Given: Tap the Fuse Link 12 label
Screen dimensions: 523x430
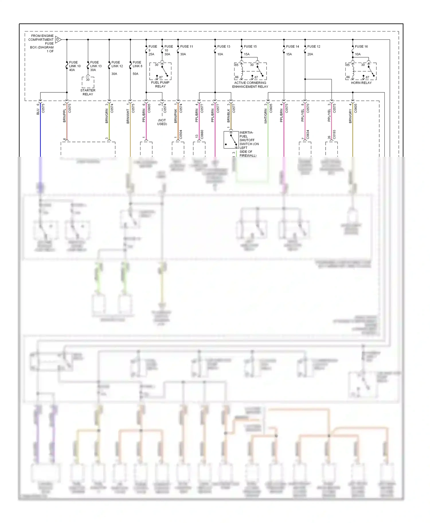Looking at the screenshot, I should pyautogui.click(x=117, y=64).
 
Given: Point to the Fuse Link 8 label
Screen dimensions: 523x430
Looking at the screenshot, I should pyautogui.click(x=137, y=64).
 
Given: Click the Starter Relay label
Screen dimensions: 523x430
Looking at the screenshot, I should pyautogui.click(x=88, y=92).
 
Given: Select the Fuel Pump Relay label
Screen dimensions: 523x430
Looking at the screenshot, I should pyautogui.click(x=160, y=84).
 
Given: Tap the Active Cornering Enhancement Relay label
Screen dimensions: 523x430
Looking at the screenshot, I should pyautogui.click(x=250, y=85).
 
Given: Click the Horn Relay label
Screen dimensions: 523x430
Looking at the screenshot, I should pyautogui.click(x=361, y=83).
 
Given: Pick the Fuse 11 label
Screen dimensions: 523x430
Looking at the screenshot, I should pyautogui.click(x=186, y=46).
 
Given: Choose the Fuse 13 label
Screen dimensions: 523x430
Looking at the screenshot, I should pyautogui.click(x=224, y=46).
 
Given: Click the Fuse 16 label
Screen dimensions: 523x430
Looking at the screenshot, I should pyautogui.click(x=361, y=46).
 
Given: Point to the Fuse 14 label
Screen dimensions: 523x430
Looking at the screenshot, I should pyautogui.click(x=292, y=46).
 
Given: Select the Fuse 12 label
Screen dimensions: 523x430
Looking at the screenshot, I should pyautogui.click(x=314, y=46).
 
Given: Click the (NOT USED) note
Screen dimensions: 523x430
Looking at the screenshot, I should pyautogui.click(x=162, y=122).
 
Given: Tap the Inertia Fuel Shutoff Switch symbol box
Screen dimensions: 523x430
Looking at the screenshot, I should pyautogui.click(x=231, y=140).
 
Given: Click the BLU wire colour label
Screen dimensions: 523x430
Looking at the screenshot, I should pyautogui.click(x=38, y=112).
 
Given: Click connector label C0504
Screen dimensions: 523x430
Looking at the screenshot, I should pyautogui.click(x=181, y=134).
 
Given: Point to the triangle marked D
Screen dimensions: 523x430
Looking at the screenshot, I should pyautogui.click(x=58, y=39).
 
